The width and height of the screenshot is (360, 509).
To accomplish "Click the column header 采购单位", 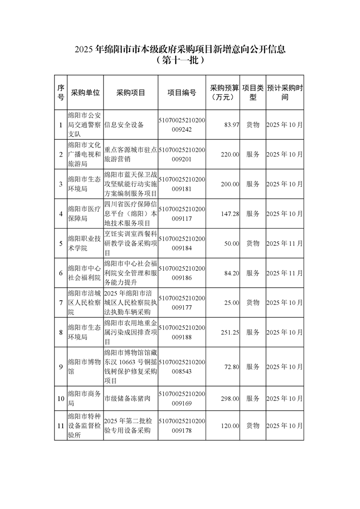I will pos(85,93).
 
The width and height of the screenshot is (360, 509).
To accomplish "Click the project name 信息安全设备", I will pos(124,125).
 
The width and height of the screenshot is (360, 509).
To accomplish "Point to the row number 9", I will pos(61,367).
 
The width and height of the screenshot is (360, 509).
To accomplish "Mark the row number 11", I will pos(61,426).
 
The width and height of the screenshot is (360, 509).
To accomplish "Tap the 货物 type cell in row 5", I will pos(252,244).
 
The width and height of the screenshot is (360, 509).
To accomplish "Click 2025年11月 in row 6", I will pos(284,273).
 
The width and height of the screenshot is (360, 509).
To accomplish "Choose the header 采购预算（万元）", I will pos(225,93).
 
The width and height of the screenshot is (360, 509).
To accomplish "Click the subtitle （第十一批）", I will pos(180,59).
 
